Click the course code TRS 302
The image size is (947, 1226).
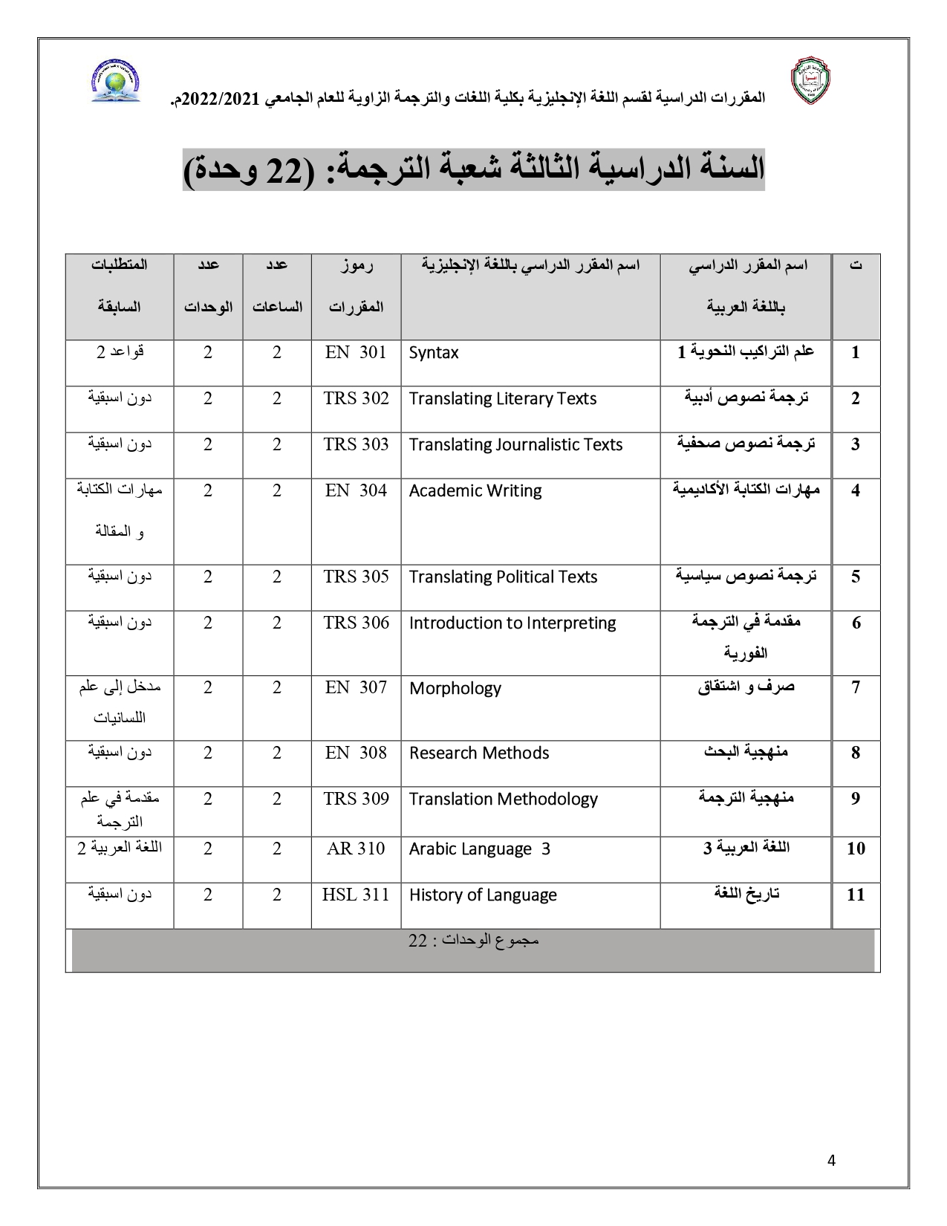[x=356, y=398]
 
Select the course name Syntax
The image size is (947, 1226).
[x=434, y=352]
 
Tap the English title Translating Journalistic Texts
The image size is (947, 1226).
[x=515, y=444]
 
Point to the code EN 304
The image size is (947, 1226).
[x=356, y=490]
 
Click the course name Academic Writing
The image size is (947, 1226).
[x=475, y=490]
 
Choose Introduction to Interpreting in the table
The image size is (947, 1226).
[x=512, y=623]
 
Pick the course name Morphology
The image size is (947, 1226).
[x=455, y=688]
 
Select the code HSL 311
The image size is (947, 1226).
[x=356, y=895]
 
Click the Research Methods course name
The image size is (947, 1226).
[x=479, y=753]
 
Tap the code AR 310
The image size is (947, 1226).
[x=356, y=849]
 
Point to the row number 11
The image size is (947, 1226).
[x=856, y=895]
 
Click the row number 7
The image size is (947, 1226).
[x=856, y=688]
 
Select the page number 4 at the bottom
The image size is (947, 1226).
[x=831, y=1161]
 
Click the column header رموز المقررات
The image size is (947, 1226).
[x=356, y=285]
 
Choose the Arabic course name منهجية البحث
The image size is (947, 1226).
[x=746, y=752]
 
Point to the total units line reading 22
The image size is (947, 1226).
[x=473, y=941]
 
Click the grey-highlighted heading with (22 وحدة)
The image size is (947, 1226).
[x=473, y=170]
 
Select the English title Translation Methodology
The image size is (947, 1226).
[x=503, y=799]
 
